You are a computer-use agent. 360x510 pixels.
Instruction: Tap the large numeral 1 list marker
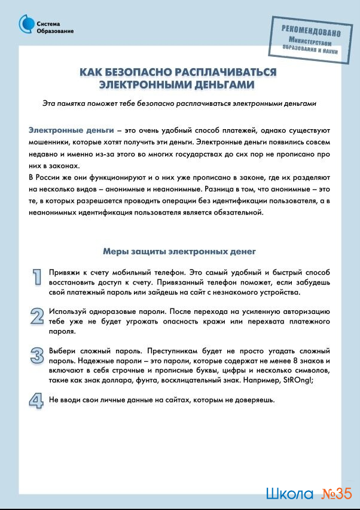(37, 276)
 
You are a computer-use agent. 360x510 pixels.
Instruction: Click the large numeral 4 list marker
(37, 399)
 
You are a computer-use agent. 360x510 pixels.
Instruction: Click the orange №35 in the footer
(336, 494)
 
